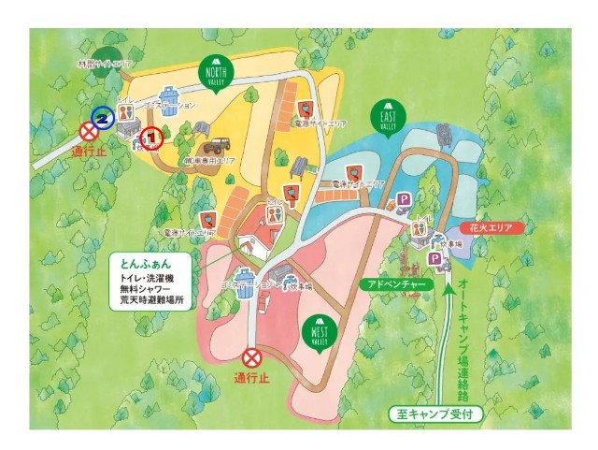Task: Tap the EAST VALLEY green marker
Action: point(387,114)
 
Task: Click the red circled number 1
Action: point(151,138)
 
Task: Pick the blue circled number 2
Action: point(103,118)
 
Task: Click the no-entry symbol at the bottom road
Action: point(251,357)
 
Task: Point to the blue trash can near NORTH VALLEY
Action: point(171,97)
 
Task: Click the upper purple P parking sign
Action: point(405,199)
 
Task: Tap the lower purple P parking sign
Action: point(434,259)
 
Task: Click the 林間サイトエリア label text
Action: point(105,65)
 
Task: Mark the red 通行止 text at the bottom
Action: point(252,381)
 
